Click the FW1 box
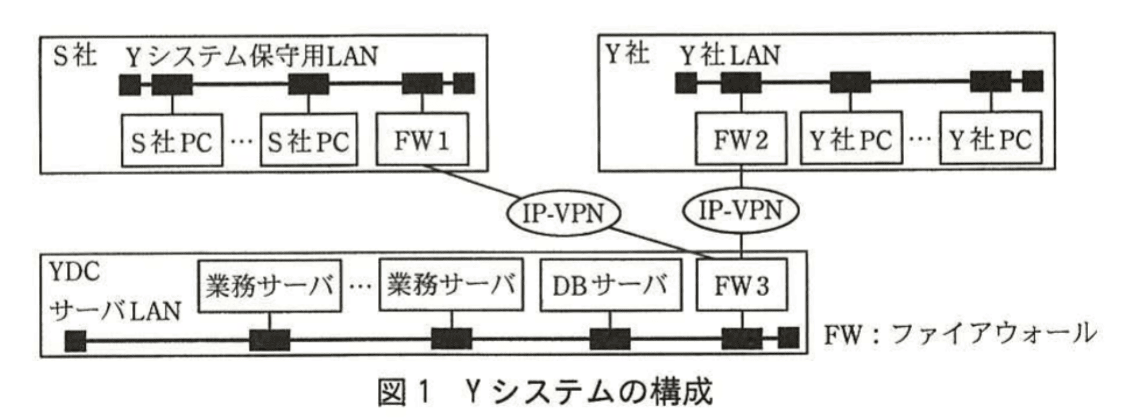(422, 139)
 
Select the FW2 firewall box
(741, 139)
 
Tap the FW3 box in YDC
(741, 286)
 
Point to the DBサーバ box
(610, 286)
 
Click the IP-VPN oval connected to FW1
(562, 214)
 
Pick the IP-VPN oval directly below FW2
(741, 211)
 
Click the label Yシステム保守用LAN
(252, 57)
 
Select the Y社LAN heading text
(730, 56)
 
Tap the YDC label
(74, 272)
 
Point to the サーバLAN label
(115, 311)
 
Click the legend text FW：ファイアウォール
(959, 334)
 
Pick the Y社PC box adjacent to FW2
(852, 139)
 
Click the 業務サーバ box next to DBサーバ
(450, 286)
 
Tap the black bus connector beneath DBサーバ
(610, 340)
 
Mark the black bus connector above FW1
(422, 83)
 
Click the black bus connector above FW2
(741, 82)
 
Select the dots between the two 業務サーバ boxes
(360, 287)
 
